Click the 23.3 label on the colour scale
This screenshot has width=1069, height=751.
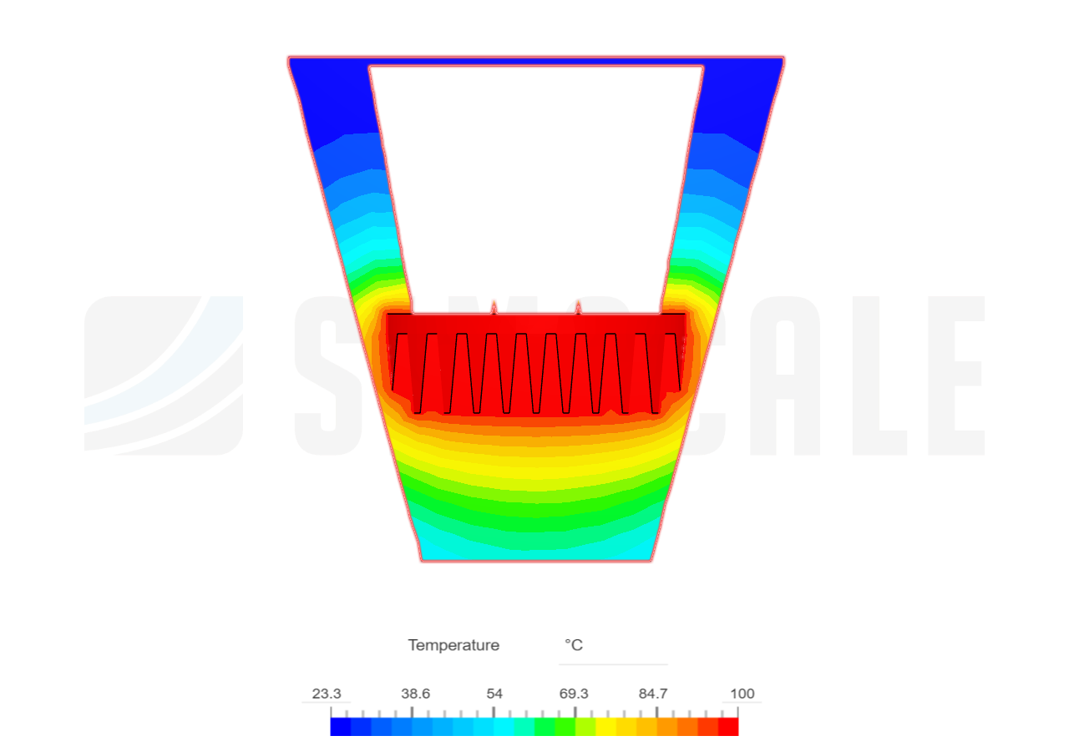point(327,693)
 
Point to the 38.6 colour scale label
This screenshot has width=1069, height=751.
point(415,693)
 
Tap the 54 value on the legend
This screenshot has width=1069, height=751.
point(494,693)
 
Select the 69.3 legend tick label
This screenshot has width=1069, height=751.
point(574,693)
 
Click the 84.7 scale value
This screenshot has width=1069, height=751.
point(653,693)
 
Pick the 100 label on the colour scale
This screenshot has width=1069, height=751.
point(742,693)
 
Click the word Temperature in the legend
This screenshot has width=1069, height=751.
point(453,645)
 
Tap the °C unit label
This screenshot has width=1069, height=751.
point(574,645)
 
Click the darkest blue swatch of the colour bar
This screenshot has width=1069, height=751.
point(340,726)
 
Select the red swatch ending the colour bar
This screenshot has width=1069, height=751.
point(729,726)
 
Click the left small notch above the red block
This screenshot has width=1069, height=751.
point(494,306)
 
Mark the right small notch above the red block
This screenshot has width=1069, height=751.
point(579,306)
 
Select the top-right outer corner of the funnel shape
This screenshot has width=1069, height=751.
point(784,58)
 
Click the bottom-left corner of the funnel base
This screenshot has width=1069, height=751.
point(421,561)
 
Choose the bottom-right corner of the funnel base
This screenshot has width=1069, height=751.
point(652,561)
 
